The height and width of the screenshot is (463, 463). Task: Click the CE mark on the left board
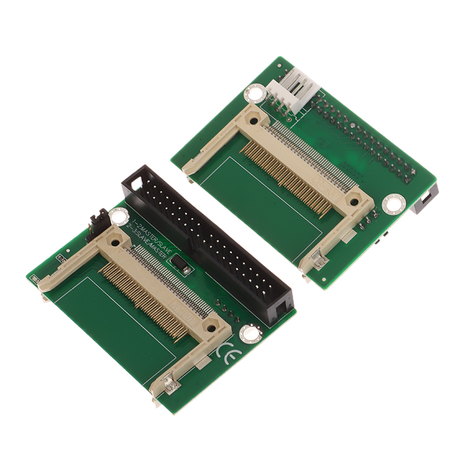(x=226, y=352)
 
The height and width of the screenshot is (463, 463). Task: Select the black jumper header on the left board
(x=97, y=223)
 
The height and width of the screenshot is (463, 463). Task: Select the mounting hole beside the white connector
(x=254, y=92)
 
